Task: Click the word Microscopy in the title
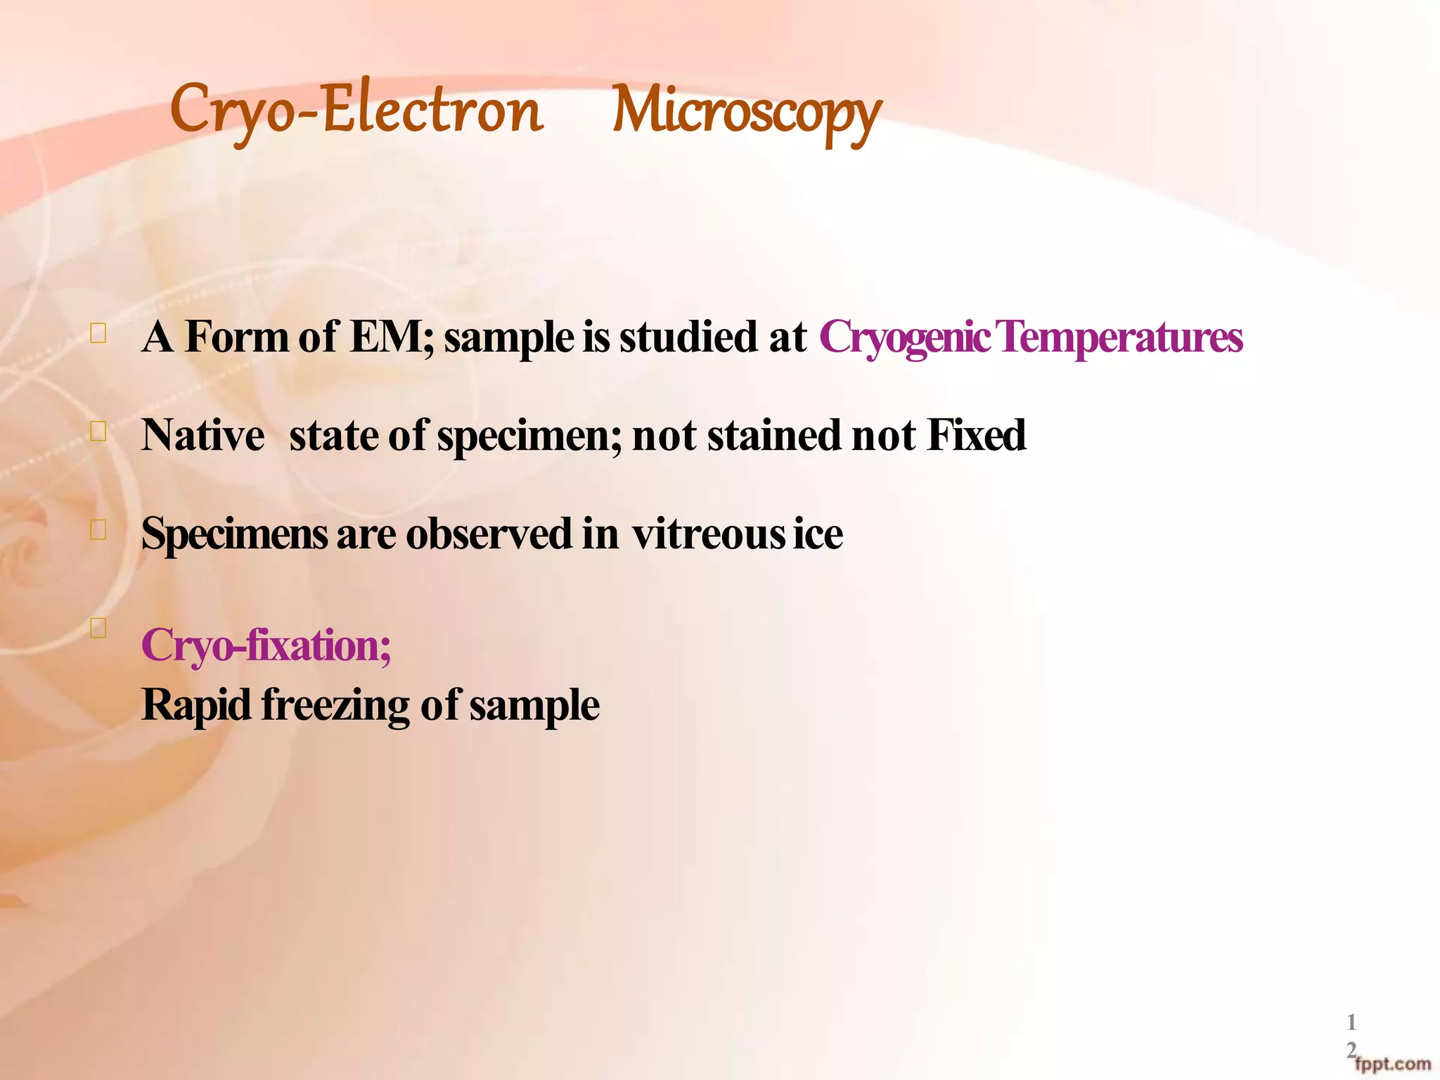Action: click(x=746, y=112)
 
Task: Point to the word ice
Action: click(x=818, y=534)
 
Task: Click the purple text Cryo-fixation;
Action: click(x=266, y=645)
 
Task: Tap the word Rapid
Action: click(x=196, y=705)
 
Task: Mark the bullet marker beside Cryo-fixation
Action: click(x=98, y=627)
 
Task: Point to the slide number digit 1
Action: click(x=1351, y=1022)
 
